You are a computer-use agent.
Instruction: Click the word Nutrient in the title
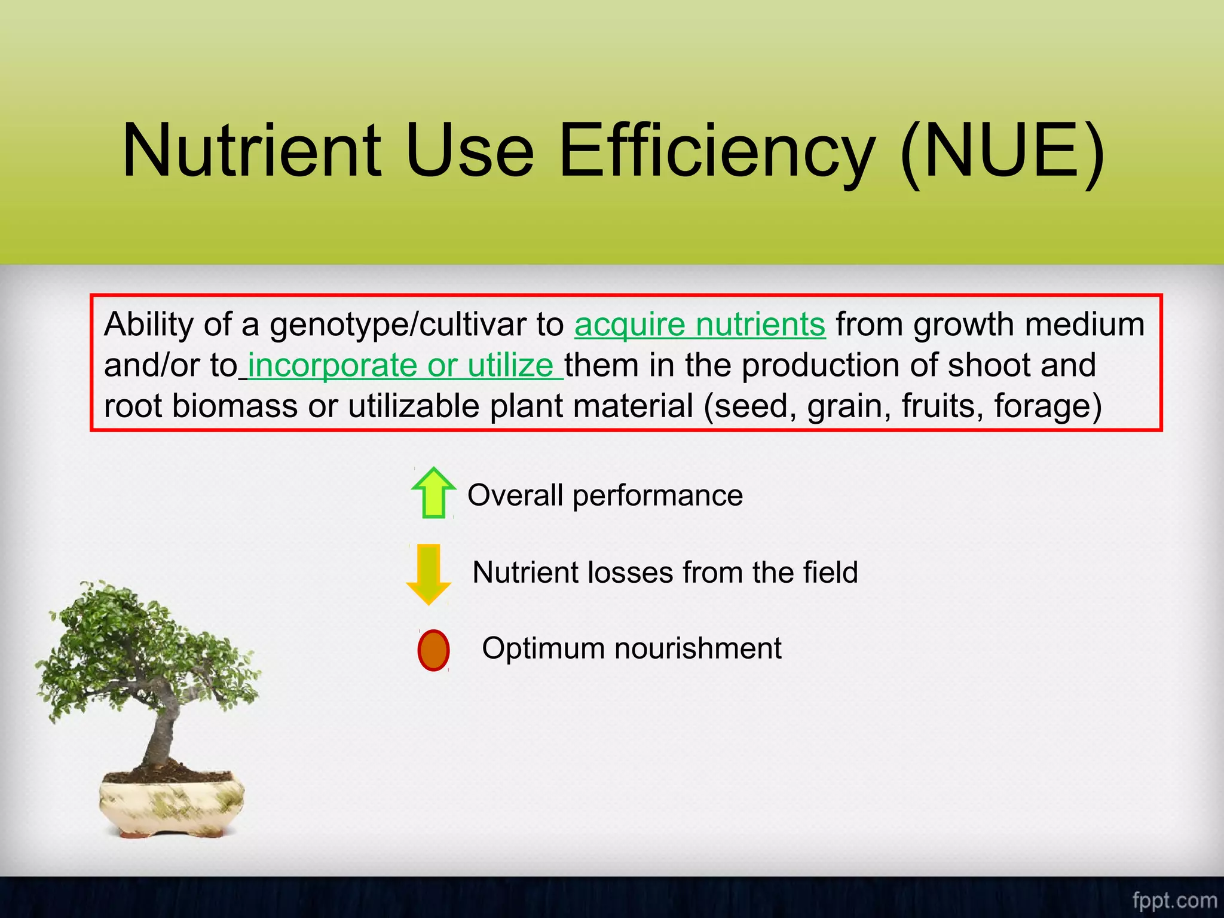click(251, 151)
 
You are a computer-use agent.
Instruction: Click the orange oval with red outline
click(433, 650)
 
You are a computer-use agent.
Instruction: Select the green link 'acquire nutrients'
click(700, 325)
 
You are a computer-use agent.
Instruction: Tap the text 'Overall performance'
click(605, 495)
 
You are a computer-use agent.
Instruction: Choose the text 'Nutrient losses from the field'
click(665, 572)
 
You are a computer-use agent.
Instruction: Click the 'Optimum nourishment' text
click(632, 648)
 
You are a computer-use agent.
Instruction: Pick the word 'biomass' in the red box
click(235, 406)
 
